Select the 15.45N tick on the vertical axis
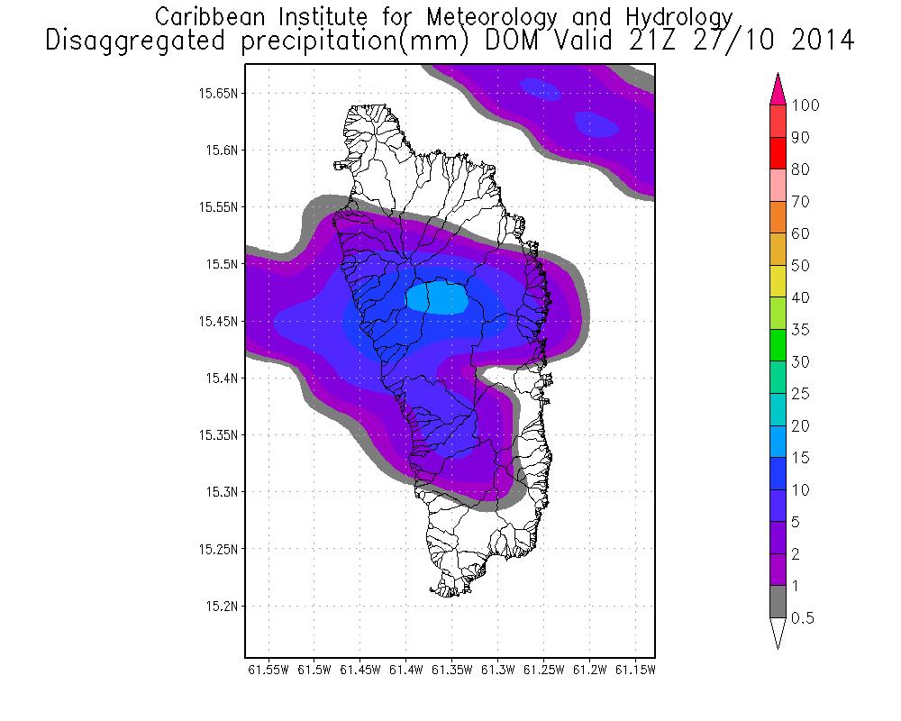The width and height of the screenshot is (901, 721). click(220, 321)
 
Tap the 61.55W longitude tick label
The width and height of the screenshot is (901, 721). click(268, 670)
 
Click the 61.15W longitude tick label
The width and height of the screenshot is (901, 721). click(636, 670)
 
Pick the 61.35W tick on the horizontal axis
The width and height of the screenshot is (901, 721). click(451, 670)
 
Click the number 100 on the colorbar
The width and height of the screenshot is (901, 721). click(805, 105)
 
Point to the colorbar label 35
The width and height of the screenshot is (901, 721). click(800, 330)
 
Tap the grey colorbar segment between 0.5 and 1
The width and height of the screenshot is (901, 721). click(779, 602)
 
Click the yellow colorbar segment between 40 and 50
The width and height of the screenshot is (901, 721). click(779, 281)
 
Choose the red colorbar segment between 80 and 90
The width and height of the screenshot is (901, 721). click(779, 153)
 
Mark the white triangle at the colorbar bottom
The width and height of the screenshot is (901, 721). click(779, 632)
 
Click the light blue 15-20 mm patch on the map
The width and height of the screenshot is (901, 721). click(438, 297)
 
